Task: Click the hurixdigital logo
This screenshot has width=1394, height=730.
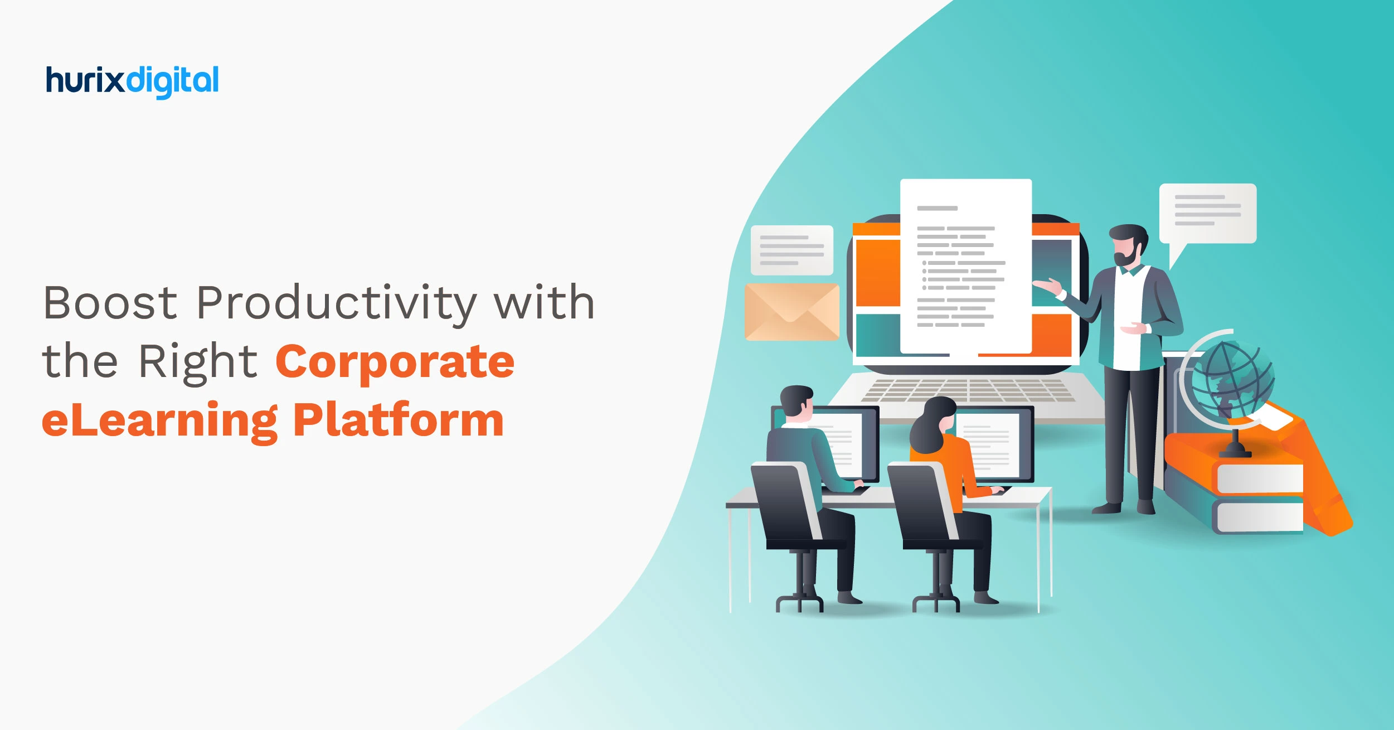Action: (132, 81)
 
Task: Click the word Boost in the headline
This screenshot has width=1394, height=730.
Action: (110, 303)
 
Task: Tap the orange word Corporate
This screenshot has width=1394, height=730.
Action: (395, 362)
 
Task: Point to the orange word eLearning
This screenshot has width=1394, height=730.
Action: (159, 421)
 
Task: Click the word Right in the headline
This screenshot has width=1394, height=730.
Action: (197, 362)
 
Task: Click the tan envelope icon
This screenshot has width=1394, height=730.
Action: (791, 312)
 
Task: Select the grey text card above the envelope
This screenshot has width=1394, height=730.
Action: (791, 250)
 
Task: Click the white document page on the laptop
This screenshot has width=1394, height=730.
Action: (965, 265)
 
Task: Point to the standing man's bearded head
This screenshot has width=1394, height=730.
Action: (1127, 245)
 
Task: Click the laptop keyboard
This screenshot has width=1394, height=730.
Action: (967, 390)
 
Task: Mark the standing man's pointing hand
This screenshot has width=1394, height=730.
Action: (1047, 286)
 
